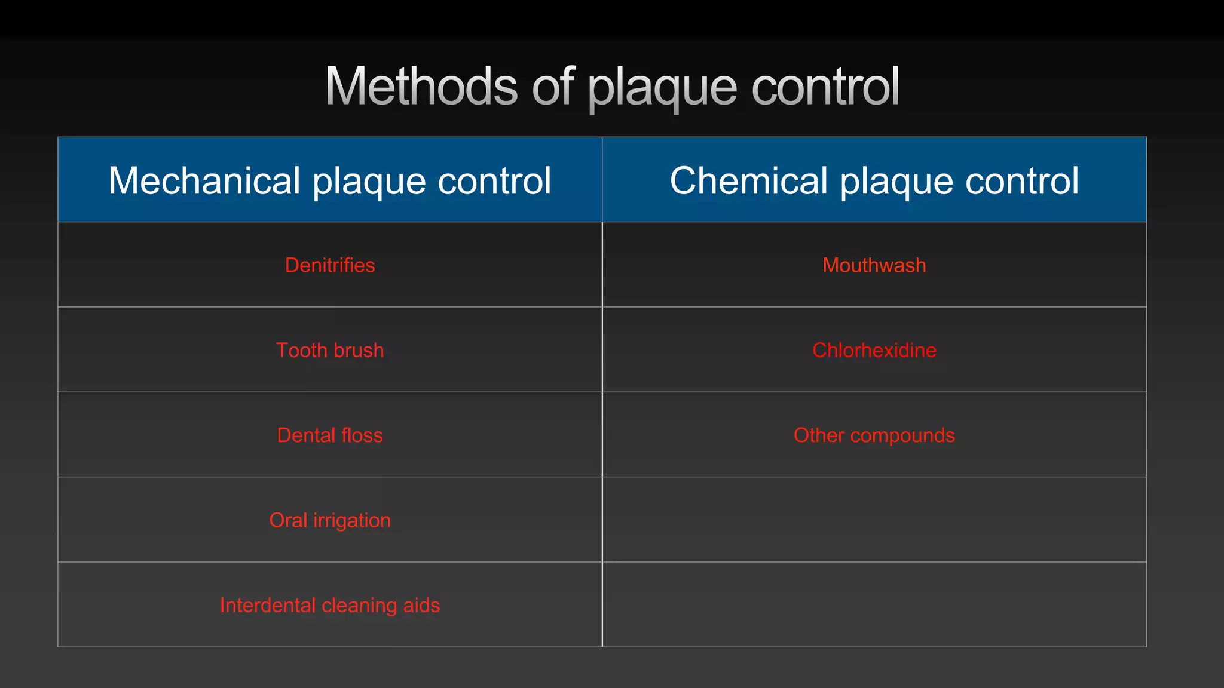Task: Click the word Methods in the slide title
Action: point(421,87)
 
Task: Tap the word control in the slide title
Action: point(825,87)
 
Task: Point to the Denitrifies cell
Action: point(330,265)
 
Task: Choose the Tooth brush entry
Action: point(330,350)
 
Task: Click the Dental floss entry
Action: point(330,435)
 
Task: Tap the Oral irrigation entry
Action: point(330,520)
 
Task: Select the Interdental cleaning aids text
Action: point(330,605)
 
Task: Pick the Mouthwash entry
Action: point(874,265)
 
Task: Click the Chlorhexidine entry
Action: point(874,350)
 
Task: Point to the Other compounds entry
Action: point(874,435)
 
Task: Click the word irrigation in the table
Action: point(351,520)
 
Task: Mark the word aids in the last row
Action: point(421,605)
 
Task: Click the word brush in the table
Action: point(357,350)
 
